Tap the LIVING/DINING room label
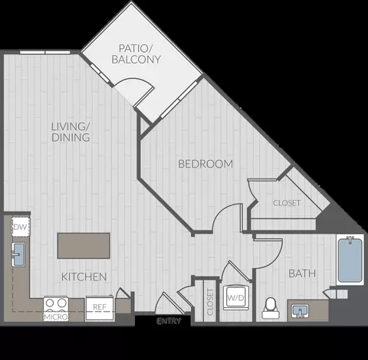click(x=72, y=132)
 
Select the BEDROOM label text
click(x=205, y=164)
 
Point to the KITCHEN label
click(x=84, y=276)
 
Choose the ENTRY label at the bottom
click(x=169, y=321)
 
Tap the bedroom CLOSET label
click(x=287, y=203)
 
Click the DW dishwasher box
click(x=21, y=227)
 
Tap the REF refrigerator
click(x=100, y=306)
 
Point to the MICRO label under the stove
click(x=54, y=316)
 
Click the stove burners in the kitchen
click(x=54, y=303)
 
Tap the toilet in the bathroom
click(x=269, y=307)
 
